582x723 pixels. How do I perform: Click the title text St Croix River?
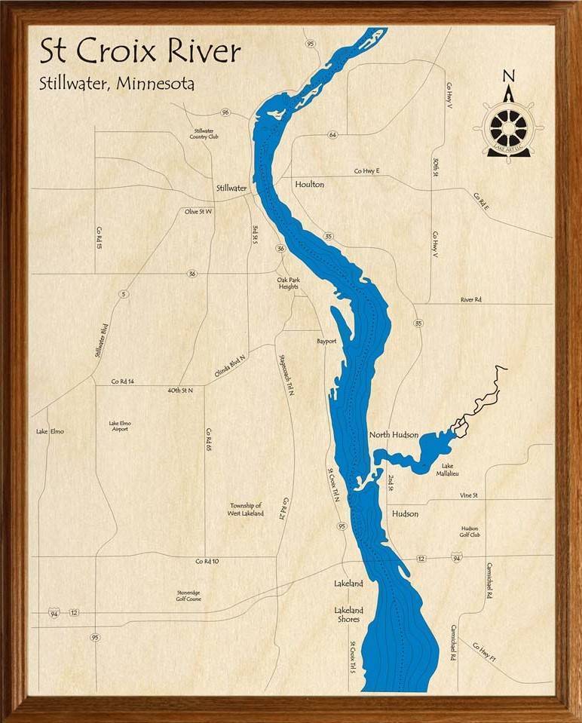tap(140, 52)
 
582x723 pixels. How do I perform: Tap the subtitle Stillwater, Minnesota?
tap(117, 83)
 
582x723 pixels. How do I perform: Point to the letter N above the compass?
tap(509, 75)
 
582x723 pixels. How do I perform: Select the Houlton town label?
tap(309, 184)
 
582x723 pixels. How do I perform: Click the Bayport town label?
tap(326, 342)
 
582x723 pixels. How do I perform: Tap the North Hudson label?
tap(394, 435)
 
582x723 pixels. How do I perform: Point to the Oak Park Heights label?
tap(288, 283)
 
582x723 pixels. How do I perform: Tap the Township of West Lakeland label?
tap(246, 510)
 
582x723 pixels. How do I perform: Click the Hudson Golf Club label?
tap(470, 532)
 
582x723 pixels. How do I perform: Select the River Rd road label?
tap(471, 300)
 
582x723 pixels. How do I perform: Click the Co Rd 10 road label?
tap(207, 561)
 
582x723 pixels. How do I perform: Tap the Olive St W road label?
tap(199, 212)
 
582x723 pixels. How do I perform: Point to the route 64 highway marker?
tap(332, 135)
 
